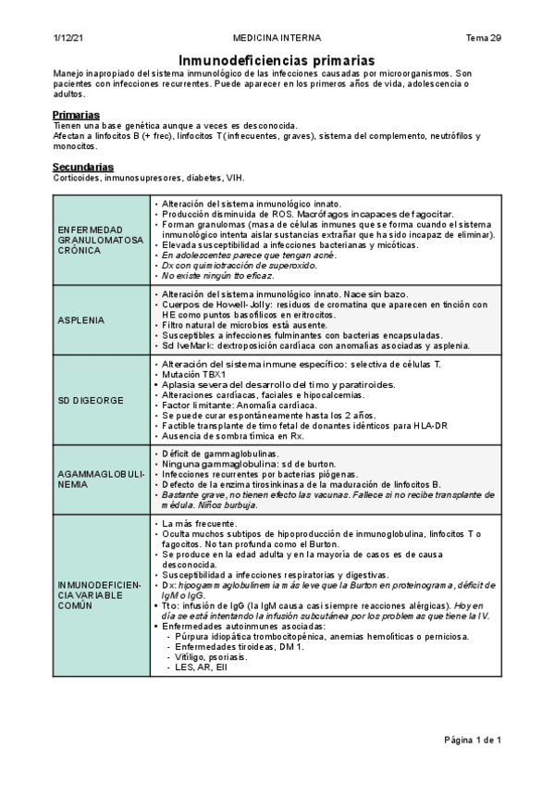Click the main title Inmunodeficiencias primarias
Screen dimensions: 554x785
pyautogui.click(x=277, y=58)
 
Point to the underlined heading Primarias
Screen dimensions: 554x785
pyautogui.click(x=77, y=115)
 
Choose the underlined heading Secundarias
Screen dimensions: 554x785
pyautogui.click(x=82, y=168)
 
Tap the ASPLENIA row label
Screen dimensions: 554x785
pyautogui.click(x=82, y=320)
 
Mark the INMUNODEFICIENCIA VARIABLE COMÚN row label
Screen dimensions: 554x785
pyautogui.click(x=100, y=593)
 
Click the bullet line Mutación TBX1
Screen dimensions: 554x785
pyautogui.click(x=199, y=375)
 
